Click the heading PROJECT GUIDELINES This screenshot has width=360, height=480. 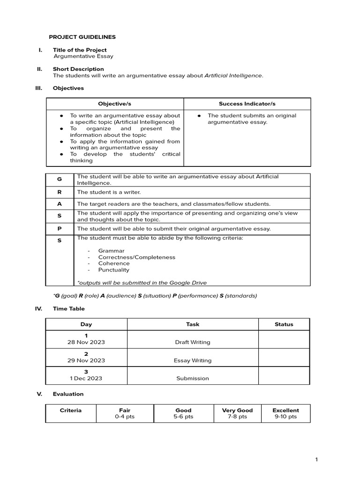[82, 37]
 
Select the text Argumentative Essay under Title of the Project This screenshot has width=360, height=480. [83, 56]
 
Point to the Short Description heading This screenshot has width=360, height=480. [78, 69]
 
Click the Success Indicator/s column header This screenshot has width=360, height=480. [247, 104]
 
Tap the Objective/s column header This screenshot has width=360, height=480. [115, 104]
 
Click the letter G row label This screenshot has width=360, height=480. [60, 180]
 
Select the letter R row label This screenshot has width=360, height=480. [60, 192]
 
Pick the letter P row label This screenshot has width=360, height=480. [60, 229]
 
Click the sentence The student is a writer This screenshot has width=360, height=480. [109, 192]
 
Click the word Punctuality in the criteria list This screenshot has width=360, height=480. [113, 270]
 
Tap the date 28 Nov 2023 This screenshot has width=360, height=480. [86, 342]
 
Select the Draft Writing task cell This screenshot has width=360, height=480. [193, 342]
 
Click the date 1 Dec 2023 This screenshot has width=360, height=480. [86, 378]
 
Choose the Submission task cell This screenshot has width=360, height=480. [193, 378]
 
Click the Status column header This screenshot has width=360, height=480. [284, 324]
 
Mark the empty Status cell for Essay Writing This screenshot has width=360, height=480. [284, 357]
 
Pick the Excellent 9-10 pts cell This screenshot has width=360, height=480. [285, 413]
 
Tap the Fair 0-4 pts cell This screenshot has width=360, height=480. [125, 413]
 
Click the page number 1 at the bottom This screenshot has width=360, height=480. [316, 460]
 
